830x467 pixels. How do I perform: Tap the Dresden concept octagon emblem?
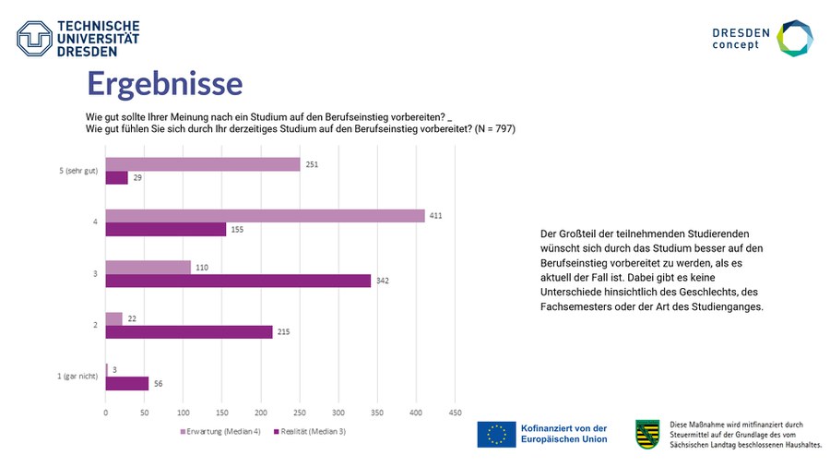click(794, 39)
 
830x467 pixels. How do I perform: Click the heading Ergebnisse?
click(164, 84)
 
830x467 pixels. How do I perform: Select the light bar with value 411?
click(266, 216)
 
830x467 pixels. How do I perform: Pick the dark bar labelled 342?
click(238, 281)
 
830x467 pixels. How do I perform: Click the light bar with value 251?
click(203, 164)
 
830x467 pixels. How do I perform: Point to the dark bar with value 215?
click(189, 332)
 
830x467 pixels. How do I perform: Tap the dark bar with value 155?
click(166, 230)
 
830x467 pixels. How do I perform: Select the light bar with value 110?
click(148, 267)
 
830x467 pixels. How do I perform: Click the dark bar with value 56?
click(127, 383)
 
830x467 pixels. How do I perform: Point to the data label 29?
click(137, 178)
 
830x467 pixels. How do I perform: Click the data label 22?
click(131, 318)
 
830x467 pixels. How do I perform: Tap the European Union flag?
click(496, 434)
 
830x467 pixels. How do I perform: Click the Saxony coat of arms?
click(647, 433)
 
